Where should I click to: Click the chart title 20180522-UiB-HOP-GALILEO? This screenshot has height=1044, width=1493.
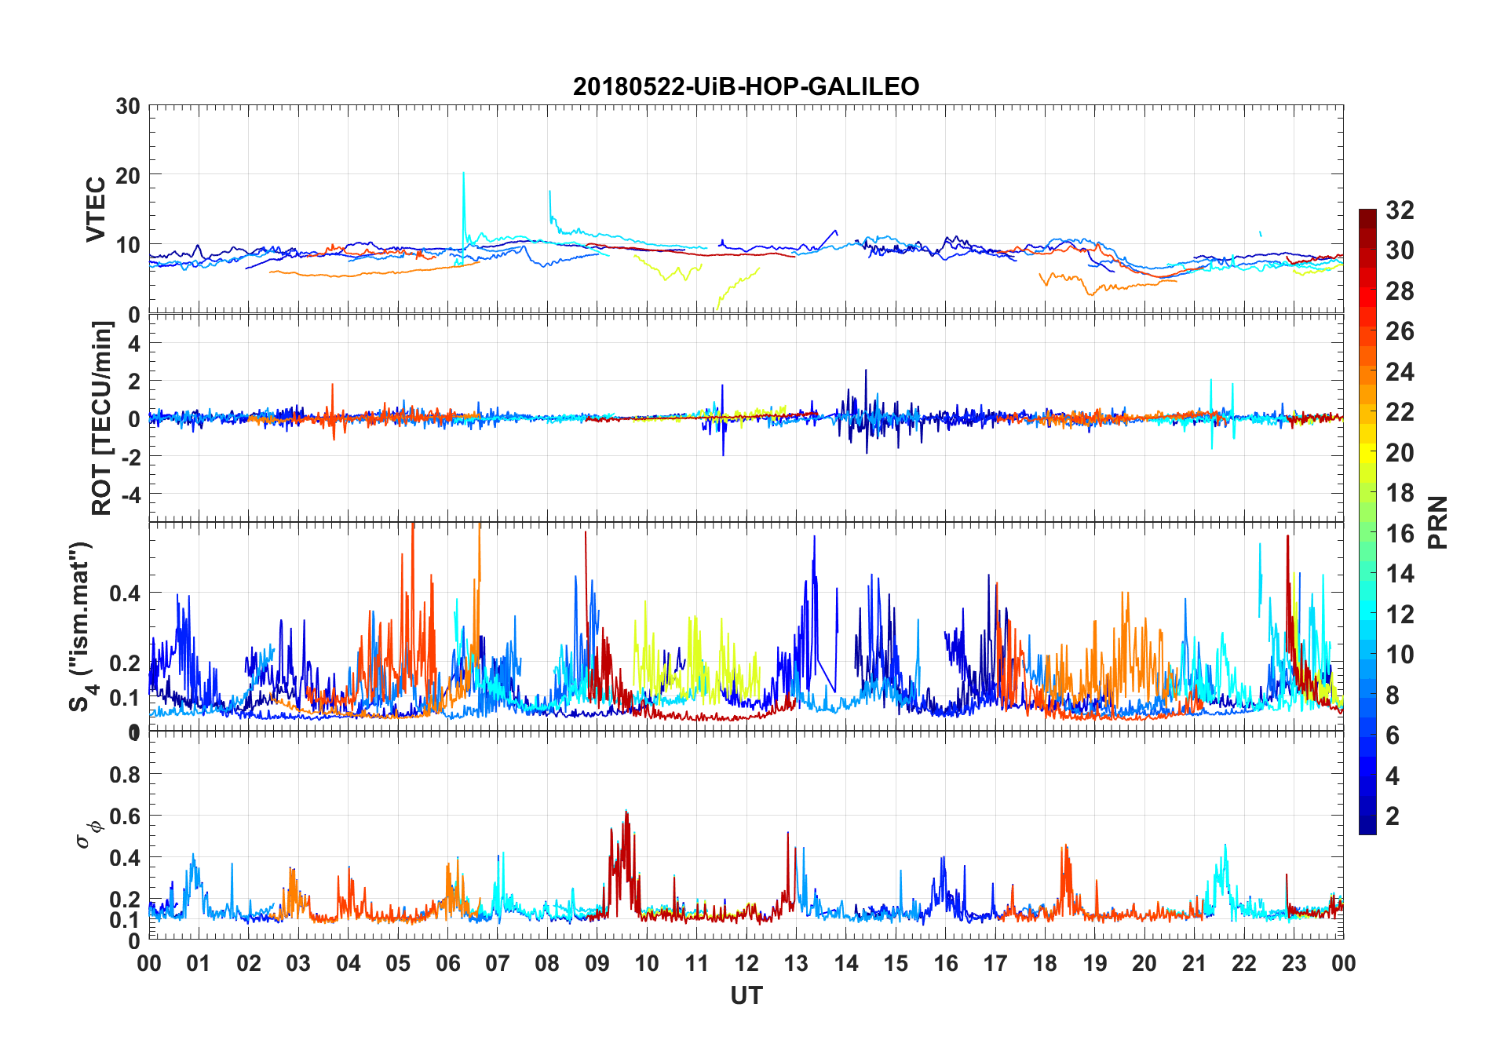coord(746,86)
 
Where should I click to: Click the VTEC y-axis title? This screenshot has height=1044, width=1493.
coord(96,210)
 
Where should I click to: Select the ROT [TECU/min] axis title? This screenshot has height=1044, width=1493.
coord(102,418)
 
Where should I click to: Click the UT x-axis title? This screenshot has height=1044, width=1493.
coord(746,996)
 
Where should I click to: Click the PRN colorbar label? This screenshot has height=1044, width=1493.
coord(1438,522)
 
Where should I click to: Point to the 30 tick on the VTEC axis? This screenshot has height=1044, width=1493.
coord(128,107)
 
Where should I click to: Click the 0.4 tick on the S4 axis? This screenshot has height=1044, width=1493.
coord(124,593)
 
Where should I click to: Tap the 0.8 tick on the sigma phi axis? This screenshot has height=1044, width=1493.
coord(124,775)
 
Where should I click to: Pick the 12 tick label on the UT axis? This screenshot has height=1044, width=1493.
coord(746,964)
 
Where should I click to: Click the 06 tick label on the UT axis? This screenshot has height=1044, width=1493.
coord(447,964)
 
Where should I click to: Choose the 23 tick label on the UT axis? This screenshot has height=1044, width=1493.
coord(1294,964)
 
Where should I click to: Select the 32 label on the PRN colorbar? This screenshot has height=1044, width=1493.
coord(1400,210)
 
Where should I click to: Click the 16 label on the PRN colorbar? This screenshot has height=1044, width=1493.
coord(1400,534)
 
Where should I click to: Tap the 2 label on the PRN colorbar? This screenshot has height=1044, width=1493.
coord(1393,816)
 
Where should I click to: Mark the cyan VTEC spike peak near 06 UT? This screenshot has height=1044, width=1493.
coord(463,173)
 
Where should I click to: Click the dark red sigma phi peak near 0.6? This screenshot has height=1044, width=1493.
coord(626,812)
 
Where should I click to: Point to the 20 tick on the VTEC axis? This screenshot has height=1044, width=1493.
coord(128,176)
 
